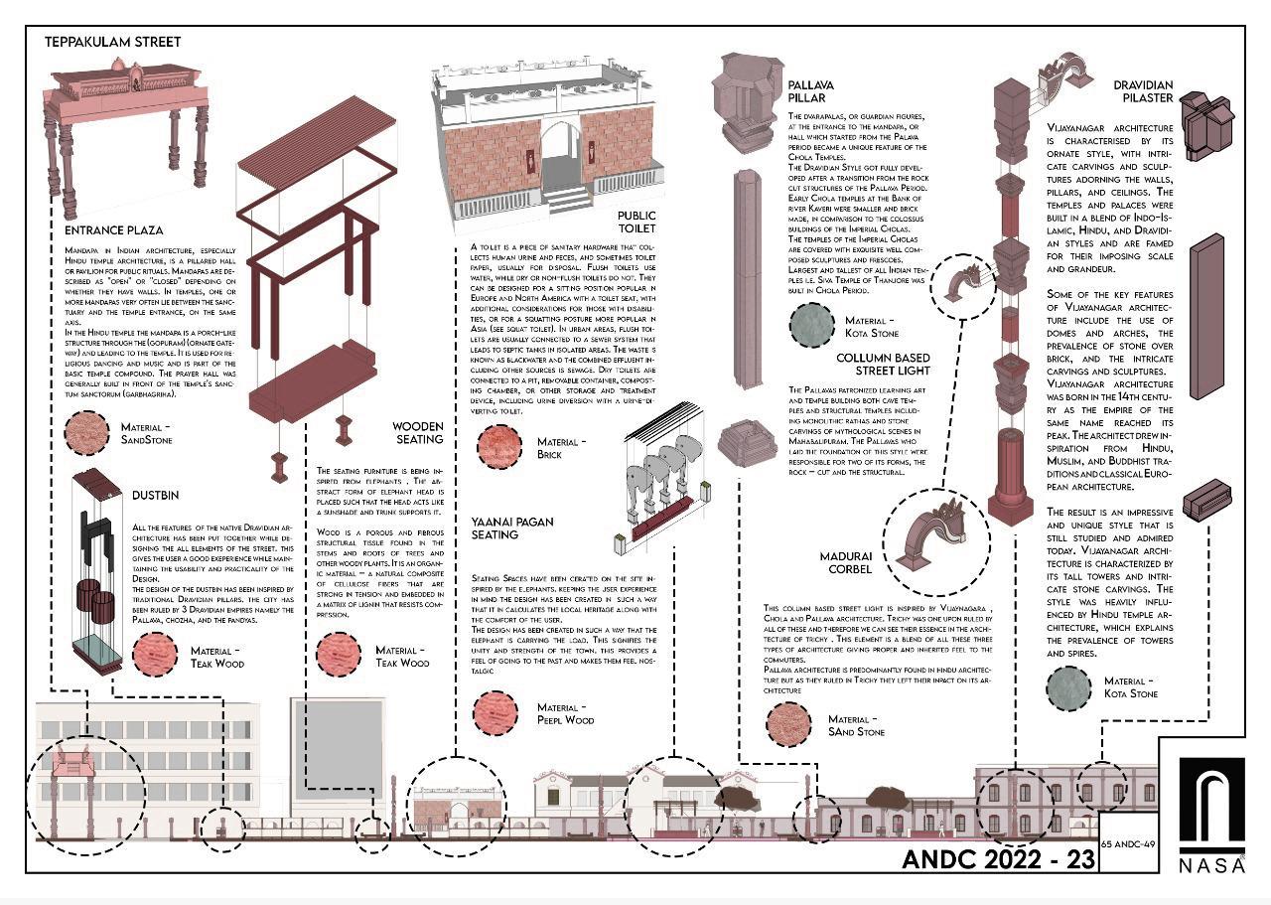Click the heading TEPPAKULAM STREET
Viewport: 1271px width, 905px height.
(113, 42)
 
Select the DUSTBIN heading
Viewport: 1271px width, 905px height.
(157, 494)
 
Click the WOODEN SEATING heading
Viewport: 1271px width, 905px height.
(417, 433)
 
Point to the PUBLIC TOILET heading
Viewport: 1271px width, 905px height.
(635, 222)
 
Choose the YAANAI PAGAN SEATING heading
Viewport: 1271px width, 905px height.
(512, 528)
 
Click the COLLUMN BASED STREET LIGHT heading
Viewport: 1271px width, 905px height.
(883, 364)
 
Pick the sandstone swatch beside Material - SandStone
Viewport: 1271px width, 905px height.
(86, 433)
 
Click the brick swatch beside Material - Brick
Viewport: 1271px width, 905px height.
(499, 448)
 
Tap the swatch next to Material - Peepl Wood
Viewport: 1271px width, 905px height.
(495, 713)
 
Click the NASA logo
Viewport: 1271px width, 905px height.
(1211, 815)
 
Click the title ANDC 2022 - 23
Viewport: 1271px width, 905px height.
(997, 858)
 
